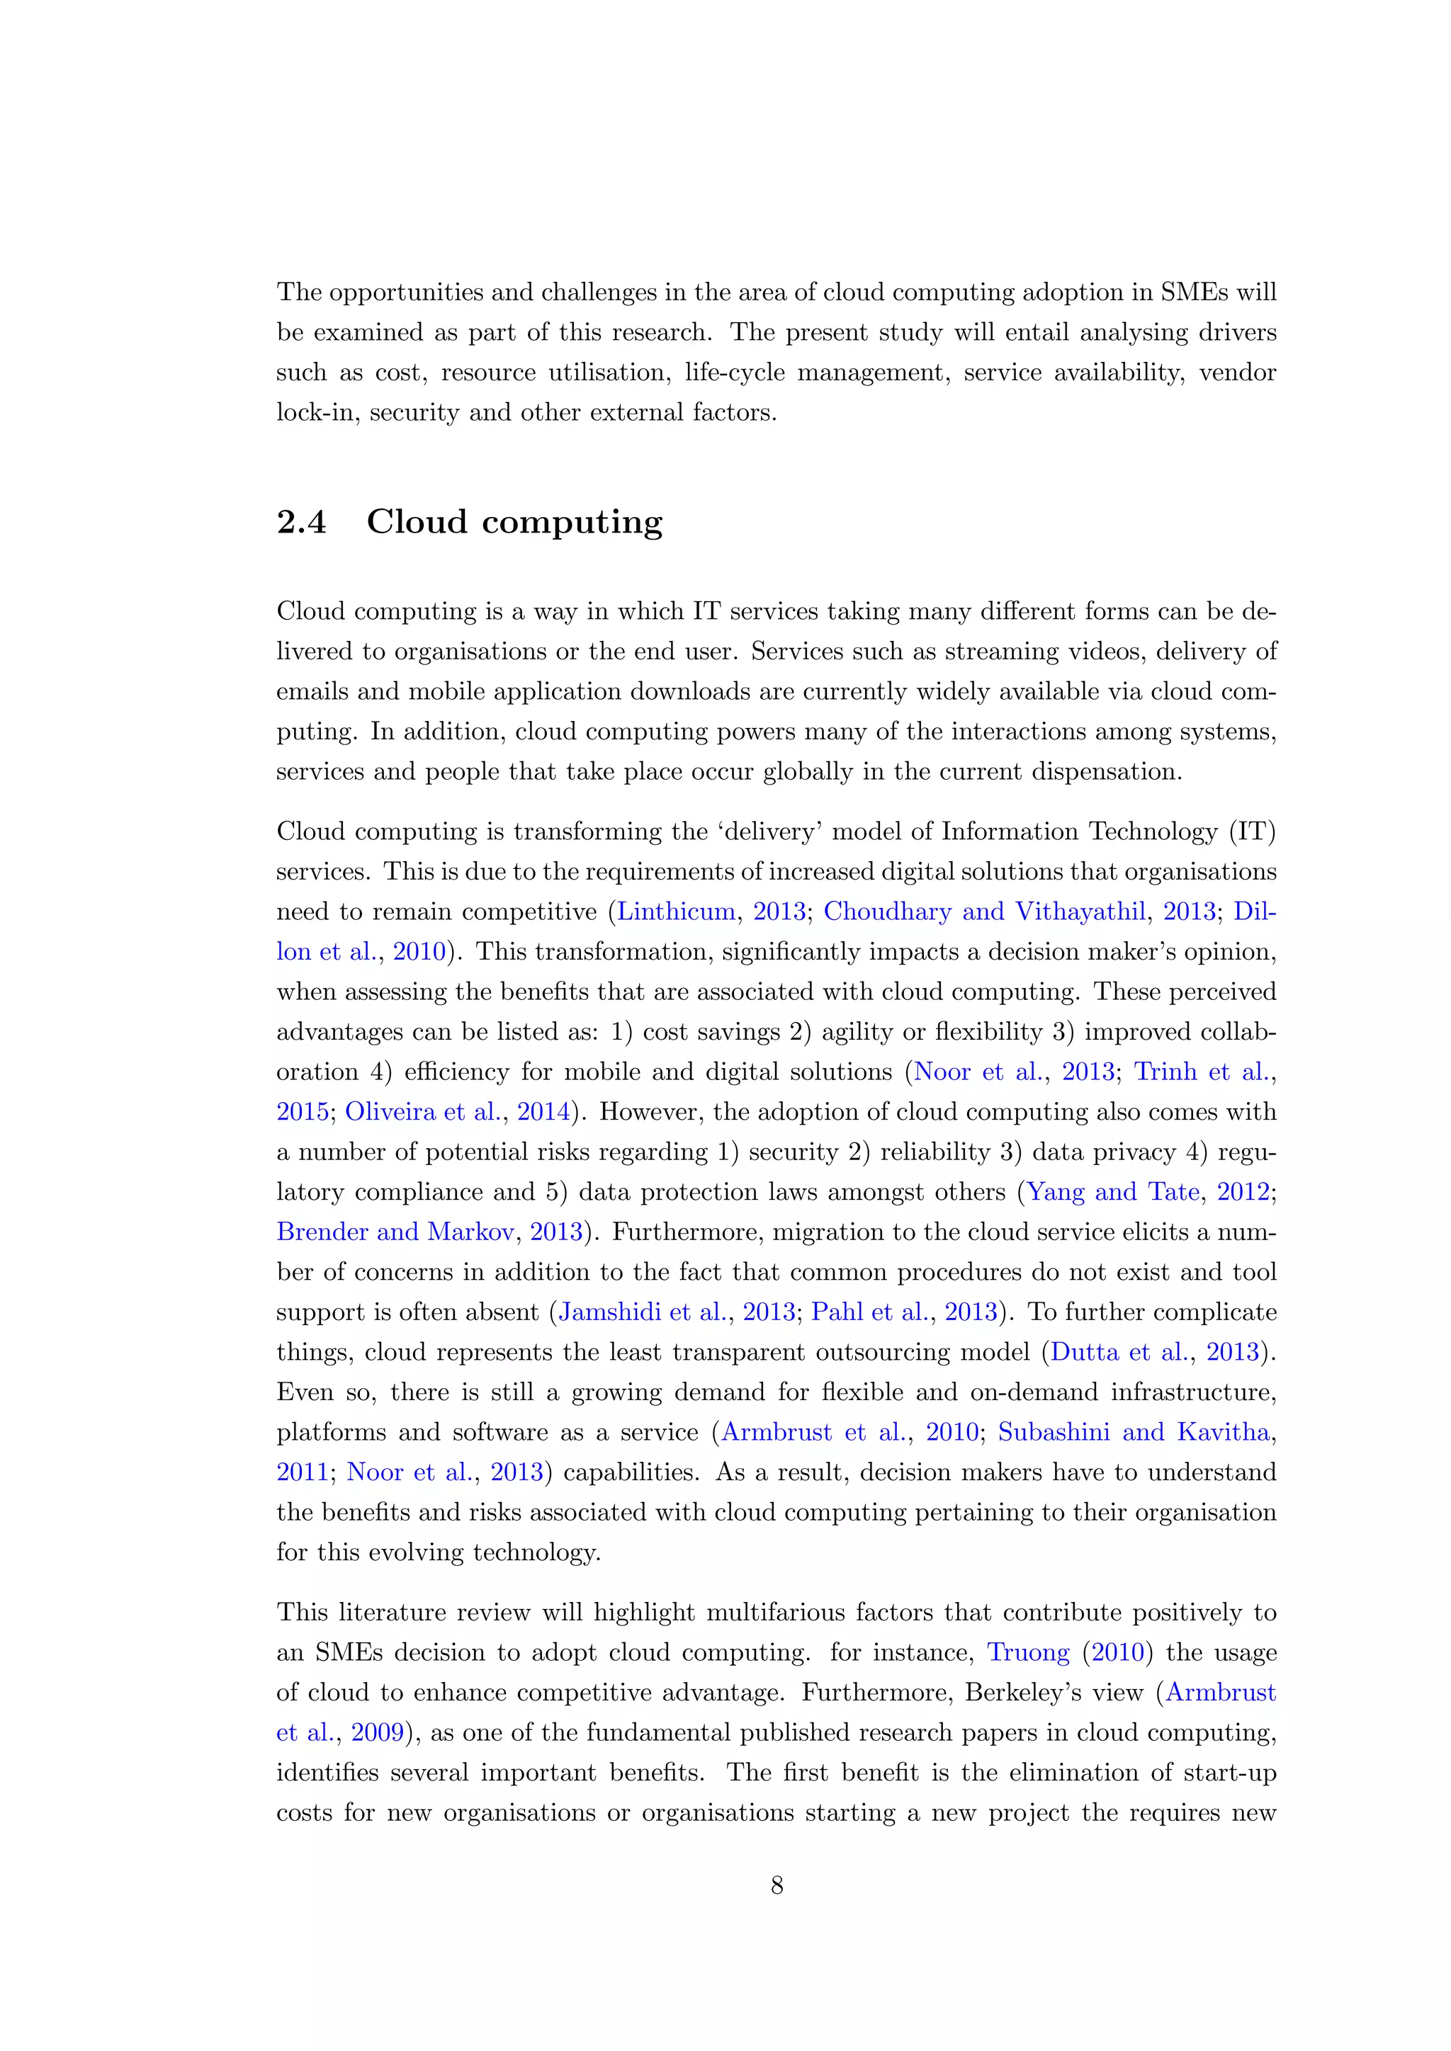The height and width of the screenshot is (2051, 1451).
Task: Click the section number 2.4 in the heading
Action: (301, 523)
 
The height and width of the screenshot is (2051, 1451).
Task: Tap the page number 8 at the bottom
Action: (777, 1886)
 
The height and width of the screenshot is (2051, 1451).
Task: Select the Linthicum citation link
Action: (677, 911)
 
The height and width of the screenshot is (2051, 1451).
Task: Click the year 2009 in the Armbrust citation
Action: (377, 1732)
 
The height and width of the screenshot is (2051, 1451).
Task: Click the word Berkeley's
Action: (1054, 1692)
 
